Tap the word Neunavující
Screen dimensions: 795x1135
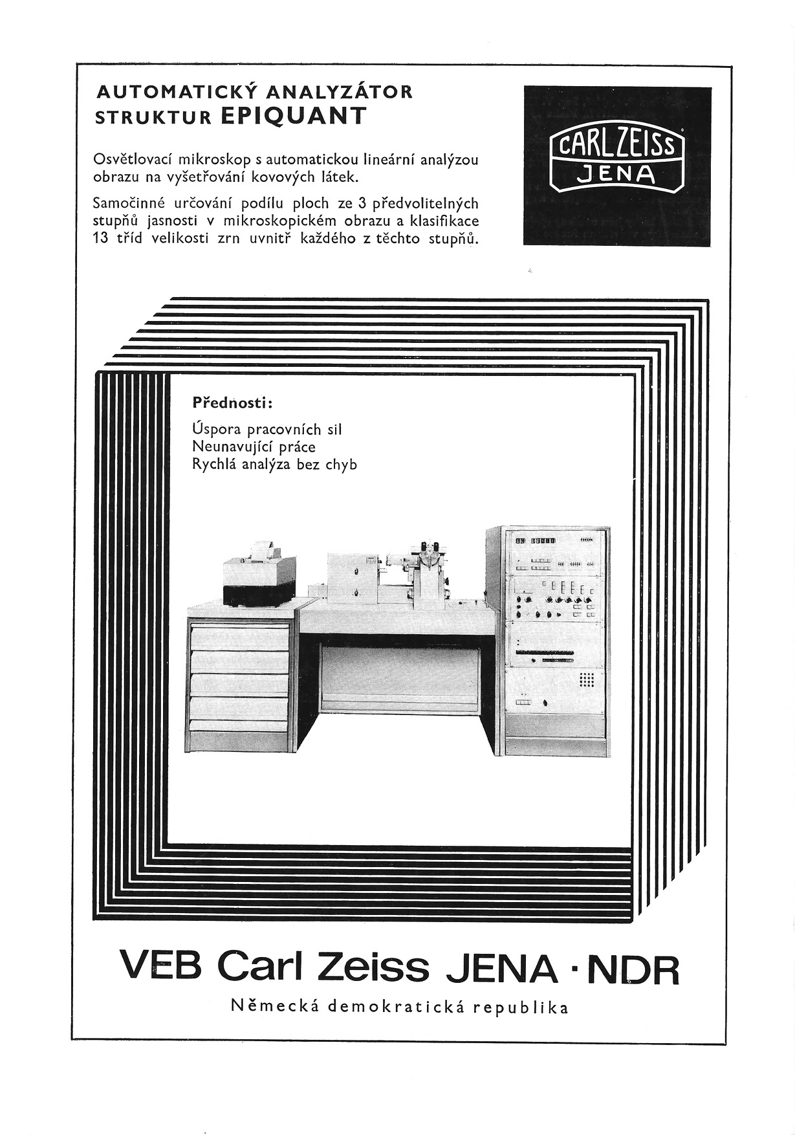pyautogui.click(x=231, y=447)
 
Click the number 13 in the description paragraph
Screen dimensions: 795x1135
pyautogui.click(x=102, y=237)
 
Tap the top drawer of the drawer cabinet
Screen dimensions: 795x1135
pyautogui.click(x=239, y=638)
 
